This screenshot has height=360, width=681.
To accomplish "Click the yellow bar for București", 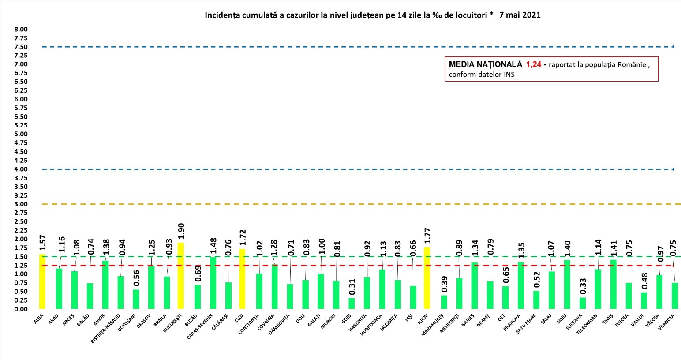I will [181, 276].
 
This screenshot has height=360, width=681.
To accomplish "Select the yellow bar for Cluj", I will [242, 279].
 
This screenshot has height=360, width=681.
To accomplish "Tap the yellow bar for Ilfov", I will [427, 278].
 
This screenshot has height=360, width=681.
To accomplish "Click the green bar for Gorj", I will [351, 304].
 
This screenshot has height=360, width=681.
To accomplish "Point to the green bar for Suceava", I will [583, 303].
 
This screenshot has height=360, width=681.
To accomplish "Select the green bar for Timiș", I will [613, 285].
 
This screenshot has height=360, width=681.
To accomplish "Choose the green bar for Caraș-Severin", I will [213, 283].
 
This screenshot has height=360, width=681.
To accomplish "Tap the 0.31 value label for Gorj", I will [352, 288].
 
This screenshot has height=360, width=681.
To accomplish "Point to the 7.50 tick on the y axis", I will [21, 47].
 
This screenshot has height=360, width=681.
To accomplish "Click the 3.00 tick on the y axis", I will [21, 204].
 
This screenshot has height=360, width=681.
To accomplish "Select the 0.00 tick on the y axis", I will [21, 309].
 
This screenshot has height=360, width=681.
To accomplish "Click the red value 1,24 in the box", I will [533, 64].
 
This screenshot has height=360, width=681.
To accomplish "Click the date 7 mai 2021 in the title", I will [520, 15].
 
